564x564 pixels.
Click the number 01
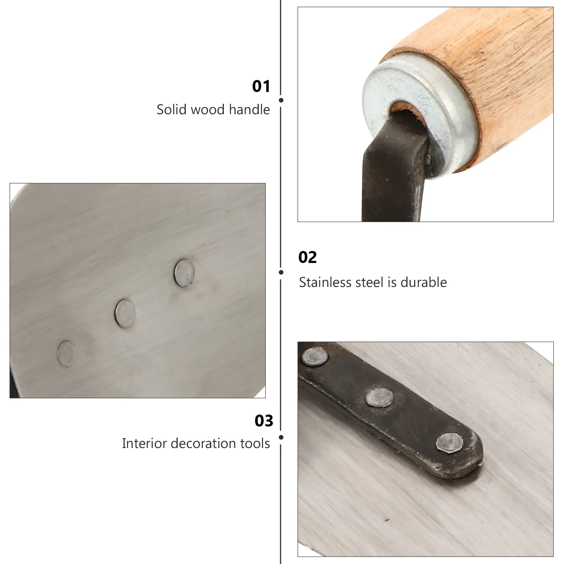tap(261, 86)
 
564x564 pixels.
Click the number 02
tap(307, 257)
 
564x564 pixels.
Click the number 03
tap(264, 421)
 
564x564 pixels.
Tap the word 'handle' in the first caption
tap(249, 110)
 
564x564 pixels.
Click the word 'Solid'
tap(172, 110)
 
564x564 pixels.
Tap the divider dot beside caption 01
tap(281, 100)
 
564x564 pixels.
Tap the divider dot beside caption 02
tap(281, 272)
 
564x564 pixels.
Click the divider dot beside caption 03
tap(281, 437)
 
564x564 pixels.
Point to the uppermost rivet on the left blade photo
tap(184, 273)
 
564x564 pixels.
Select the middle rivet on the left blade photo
tap(125, 313)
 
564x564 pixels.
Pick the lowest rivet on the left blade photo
tap(67, 354)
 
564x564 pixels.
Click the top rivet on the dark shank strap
tap(315, 356)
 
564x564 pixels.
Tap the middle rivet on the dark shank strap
tap(379, 398)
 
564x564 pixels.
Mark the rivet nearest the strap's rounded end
tap(449, 444)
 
